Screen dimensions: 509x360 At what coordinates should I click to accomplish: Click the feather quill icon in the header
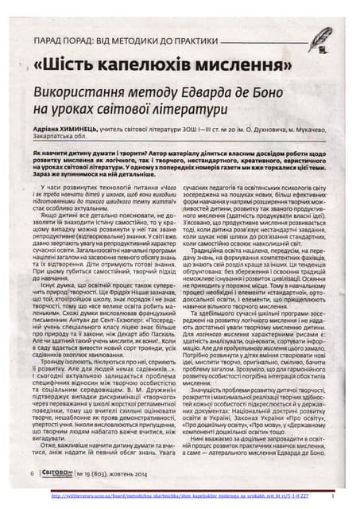point(319,37)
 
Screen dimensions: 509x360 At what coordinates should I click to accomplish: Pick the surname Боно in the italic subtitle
point(277,91)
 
